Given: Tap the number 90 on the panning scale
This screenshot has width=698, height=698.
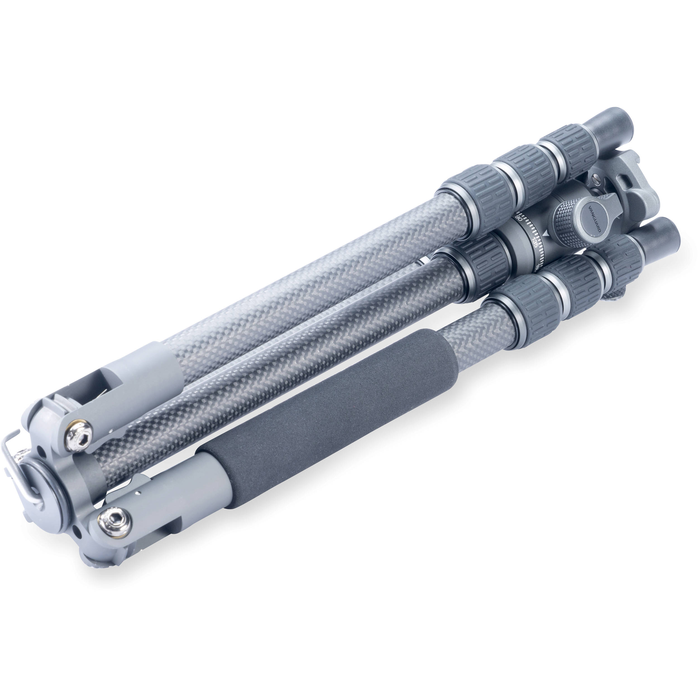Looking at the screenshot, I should (x=518, y=218).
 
